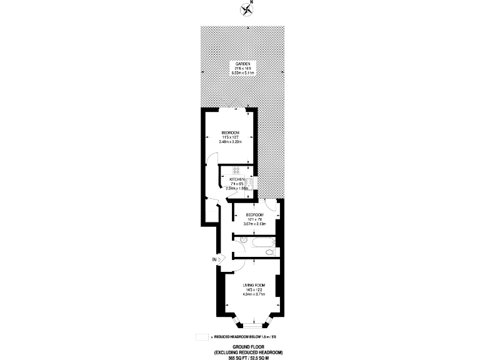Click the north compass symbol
[245, 8]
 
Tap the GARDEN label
[243, 64]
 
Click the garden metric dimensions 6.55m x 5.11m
[243, 73]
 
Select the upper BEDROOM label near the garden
[230, 132]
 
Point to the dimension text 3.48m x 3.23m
[230, 142]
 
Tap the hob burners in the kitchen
[237, 169]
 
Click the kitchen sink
[248, 182]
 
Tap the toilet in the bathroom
[269, 252]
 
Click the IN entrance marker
[214, 259]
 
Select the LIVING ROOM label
[254, 284]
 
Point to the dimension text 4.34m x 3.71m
[254, 294]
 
